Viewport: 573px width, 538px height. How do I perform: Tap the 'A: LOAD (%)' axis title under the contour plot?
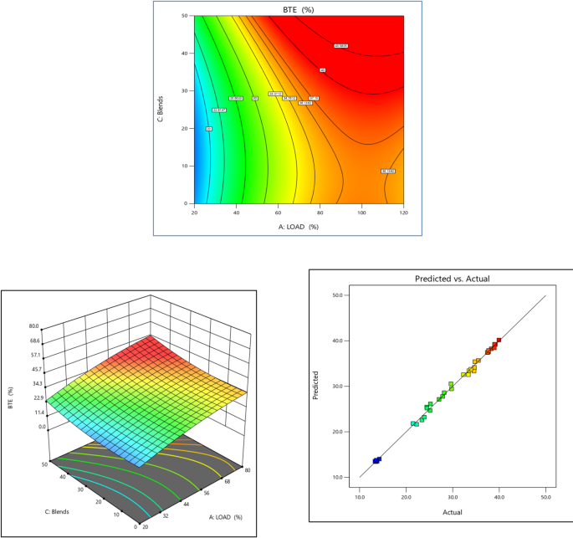[299, 226]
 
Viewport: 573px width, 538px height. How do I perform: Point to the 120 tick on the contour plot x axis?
[403, 211]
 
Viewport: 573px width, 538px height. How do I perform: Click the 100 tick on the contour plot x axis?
[361, 211]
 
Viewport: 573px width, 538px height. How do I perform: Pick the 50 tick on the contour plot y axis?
[187, 16]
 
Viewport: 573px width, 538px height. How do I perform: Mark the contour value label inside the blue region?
[208, 129]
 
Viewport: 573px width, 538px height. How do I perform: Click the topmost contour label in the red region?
[340, 46]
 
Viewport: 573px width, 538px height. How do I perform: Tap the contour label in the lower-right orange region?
[387, 172]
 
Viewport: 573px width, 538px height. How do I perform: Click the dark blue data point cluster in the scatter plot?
[376, 460]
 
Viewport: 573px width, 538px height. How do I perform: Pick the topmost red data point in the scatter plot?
[499, 341]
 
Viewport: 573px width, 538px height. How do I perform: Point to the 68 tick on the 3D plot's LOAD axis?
[227, 481]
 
